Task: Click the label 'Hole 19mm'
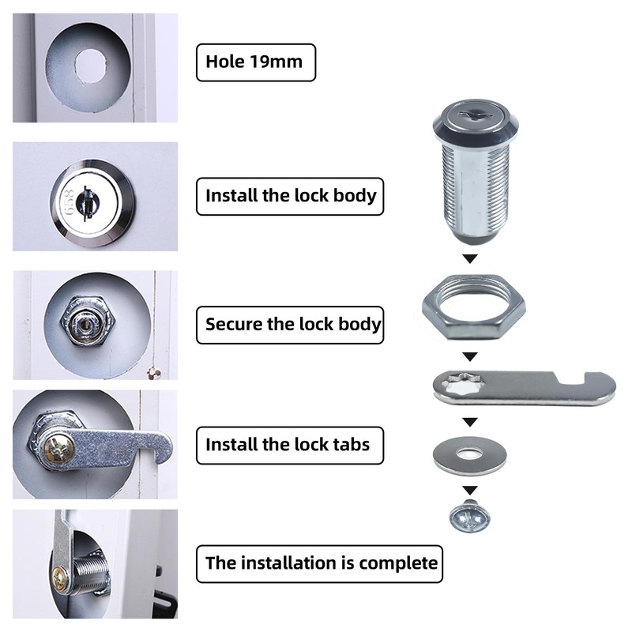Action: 255,62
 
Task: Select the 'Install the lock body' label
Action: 290,195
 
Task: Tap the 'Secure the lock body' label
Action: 290,324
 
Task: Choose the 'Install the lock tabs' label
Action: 287,444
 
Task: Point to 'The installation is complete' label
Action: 320,563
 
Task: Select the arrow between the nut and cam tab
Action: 469,356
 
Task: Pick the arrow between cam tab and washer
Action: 469,422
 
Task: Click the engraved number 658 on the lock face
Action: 70,201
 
